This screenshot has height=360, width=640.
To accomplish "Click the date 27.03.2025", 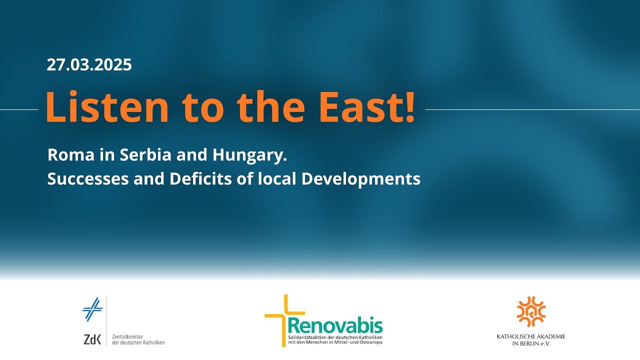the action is pyautogui.click(x=89, y=65).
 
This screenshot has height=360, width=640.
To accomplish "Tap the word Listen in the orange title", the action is pyautogui.click(x=107, y=106).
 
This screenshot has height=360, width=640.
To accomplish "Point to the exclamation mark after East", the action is pyautogui.click(x=409, y=107).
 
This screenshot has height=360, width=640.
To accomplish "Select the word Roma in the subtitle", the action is pyautogui.click(x=71, y=155).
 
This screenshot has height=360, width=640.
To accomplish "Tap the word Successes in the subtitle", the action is pyautogui.click(x=88, y=179).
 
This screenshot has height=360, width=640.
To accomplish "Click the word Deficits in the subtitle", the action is pyautogui.click(x=200, y=178).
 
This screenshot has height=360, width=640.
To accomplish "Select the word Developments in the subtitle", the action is pyautogui.click(x=361, y=179).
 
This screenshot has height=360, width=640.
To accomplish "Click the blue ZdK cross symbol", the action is pyautogui.click(x=92, y=309).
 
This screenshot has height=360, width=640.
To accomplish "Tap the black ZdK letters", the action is pyautogui.click(x=92, y=339).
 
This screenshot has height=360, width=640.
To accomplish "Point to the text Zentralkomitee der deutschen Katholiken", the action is pyautogui.click(x=138, y=339).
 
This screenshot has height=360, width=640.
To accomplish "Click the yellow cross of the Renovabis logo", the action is pyautogui.click(x=284, y=320).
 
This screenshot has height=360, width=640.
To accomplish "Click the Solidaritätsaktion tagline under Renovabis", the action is pyautogui.click(x=335, y=339).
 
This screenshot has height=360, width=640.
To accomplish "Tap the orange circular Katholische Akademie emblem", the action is pyautogui.click(x=531, y=311).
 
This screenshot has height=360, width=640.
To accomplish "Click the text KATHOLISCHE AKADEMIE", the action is pyautogui.click(x=531, y=336).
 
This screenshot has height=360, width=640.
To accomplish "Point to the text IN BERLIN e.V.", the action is pyautogui.click(x=531, y=343).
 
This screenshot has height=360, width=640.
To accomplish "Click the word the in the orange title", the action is pyautogui.click(x=271, y=106).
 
